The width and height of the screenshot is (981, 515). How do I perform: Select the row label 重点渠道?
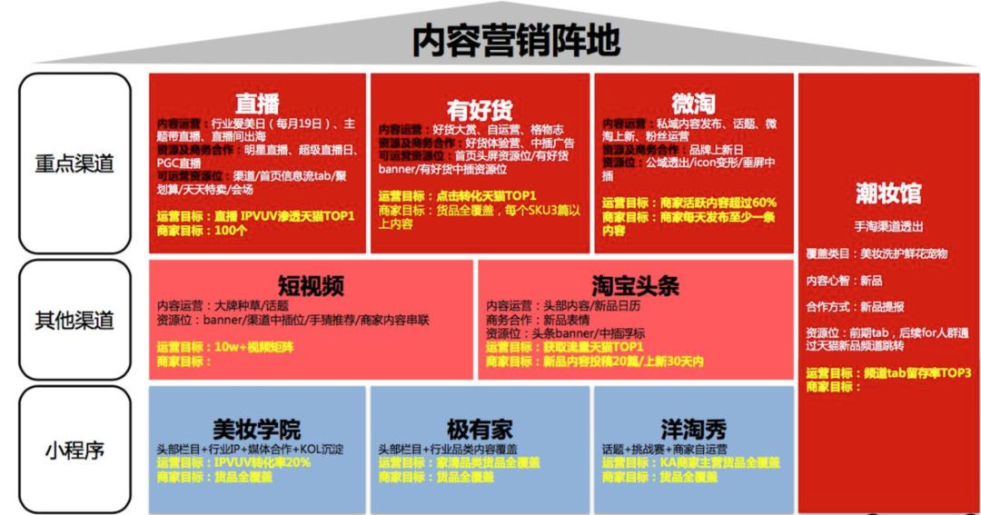[x=74, y=163]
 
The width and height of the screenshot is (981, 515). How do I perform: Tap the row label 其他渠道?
[x=74, y=321]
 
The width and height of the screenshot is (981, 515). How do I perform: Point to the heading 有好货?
[x=480, y=110]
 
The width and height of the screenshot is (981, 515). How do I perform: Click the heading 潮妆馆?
[x=887, y=193]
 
